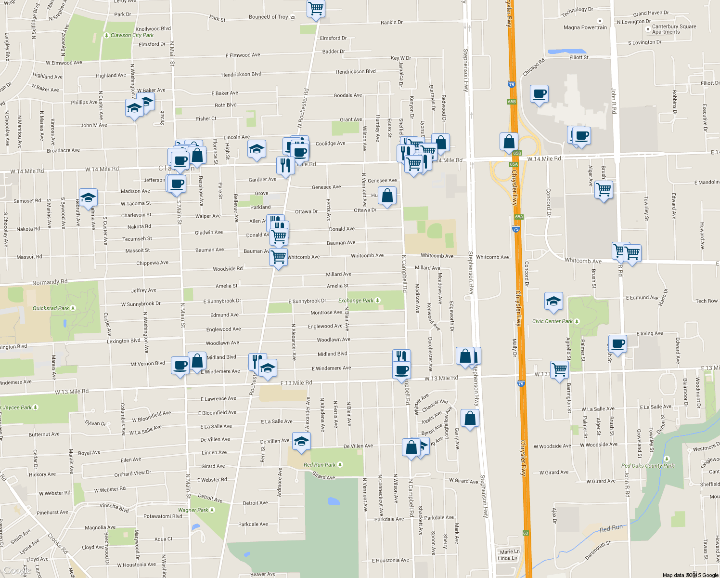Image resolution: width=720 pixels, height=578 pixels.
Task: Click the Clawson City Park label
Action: tap(132, 35)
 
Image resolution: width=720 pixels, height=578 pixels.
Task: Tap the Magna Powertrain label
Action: tap(585, 27)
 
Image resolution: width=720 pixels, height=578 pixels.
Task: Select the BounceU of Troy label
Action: tap(269, 17)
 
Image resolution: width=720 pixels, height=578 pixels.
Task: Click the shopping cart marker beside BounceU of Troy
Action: tap(316, 9)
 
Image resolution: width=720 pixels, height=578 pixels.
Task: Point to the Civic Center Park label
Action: tap(553, 321)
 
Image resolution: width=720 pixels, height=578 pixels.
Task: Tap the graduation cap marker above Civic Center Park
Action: tap(553, 302)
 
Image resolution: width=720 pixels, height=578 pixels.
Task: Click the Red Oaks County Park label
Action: tap(647, 466)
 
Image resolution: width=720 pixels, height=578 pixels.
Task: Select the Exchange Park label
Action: tap(356, 301)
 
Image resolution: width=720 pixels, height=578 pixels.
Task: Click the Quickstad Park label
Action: tap(51, 308)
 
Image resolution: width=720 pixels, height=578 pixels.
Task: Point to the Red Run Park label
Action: tap(320, 465)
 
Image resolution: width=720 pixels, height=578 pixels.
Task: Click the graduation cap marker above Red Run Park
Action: tap(301, 441)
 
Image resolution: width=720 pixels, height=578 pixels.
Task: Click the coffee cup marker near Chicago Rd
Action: tap(540, 93)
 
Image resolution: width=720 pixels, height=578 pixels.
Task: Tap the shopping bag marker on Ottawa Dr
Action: tap(387, 196)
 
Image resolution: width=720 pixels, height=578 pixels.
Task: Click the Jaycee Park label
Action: tap(17, 407)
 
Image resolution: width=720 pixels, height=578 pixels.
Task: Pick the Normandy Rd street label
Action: tap(50, 282)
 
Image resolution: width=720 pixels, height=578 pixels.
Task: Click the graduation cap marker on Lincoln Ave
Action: tap(257, 149)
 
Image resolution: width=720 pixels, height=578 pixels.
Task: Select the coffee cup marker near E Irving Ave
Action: tap(618, 344)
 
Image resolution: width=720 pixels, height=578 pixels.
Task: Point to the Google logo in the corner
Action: tap(17, 570)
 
